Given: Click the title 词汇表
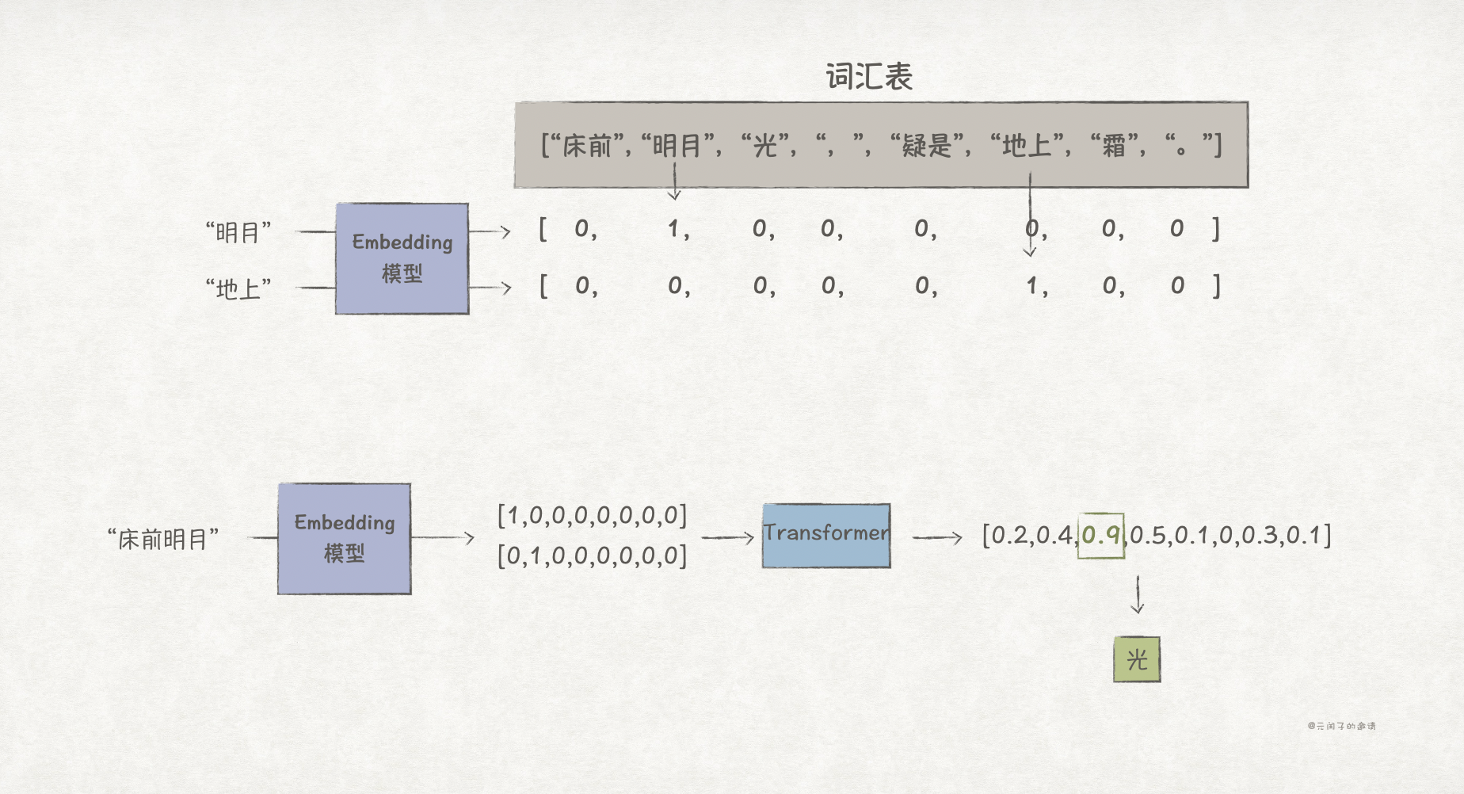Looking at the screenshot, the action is click(869, 77).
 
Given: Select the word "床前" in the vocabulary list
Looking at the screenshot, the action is click(587, 146).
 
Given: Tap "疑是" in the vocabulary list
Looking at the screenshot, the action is click(927, 146).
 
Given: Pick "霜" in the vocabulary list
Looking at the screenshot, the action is click(1114, 146).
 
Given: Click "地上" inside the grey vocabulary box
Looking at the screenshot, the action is click(1026, 146).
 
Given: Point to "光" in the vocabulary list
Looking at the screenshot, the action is click(765, 146).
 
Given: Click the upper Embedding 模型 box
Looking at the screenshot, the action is click(402, 258).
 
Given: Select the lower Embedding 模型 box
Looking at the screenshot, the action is click(344, 539).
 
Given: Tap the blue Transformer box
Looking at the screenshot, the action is click(826, 536).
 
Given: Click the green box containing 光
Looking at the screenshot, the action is click(1137, 659).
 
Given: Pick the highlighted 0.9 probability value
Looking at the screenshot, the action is click(1100, 536).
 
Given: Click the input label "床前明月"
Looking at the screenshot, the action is click(163, 540).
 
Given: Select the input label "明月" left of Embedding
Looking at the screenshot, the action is click(238, 233).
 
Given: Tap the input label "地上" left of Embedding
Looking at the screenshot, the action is click(238, 289).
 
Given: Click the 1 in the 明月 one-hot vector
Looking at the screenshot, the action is click(673, 230).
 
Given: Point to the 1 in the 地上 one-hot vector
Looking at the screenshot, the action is click(1031, 286).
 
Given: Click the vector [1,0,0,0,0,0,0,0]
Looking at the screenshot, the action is click(592, 516).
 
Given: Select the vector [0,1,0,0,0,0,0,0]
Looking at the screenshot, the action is click(592, 555).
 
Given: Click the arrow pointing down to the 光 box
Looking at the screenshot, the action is click(1138, 595).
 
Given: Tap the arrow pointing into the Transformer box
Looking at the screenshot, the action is click(727, 538).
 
